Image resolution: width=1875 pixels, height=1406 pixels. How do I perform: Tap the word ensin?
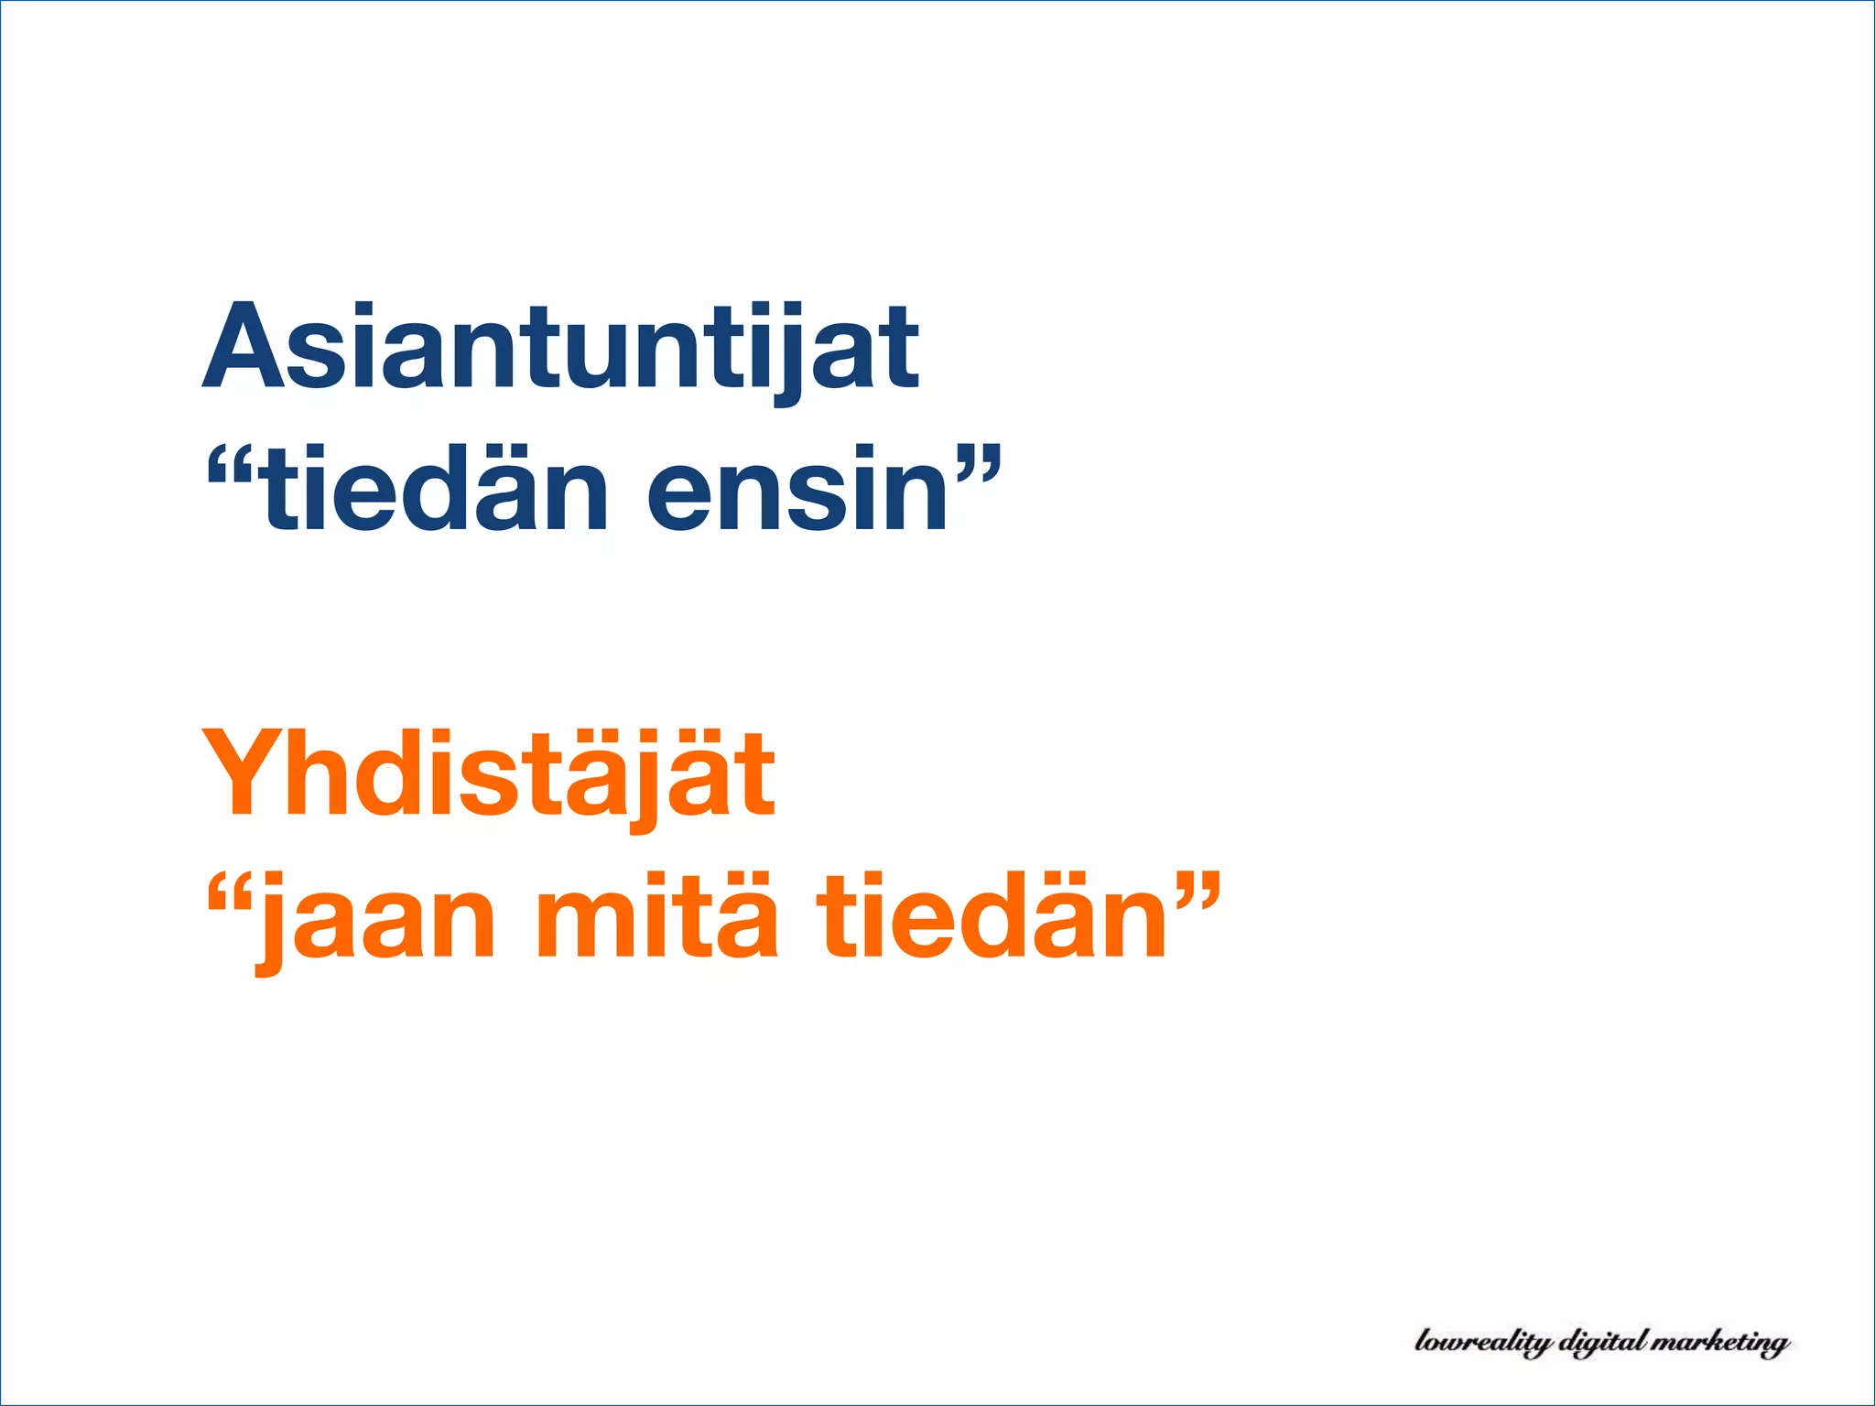tap(797, 490)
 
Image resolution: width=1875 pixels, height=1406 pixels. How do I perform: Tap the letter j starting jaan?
tap(271, 925)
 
